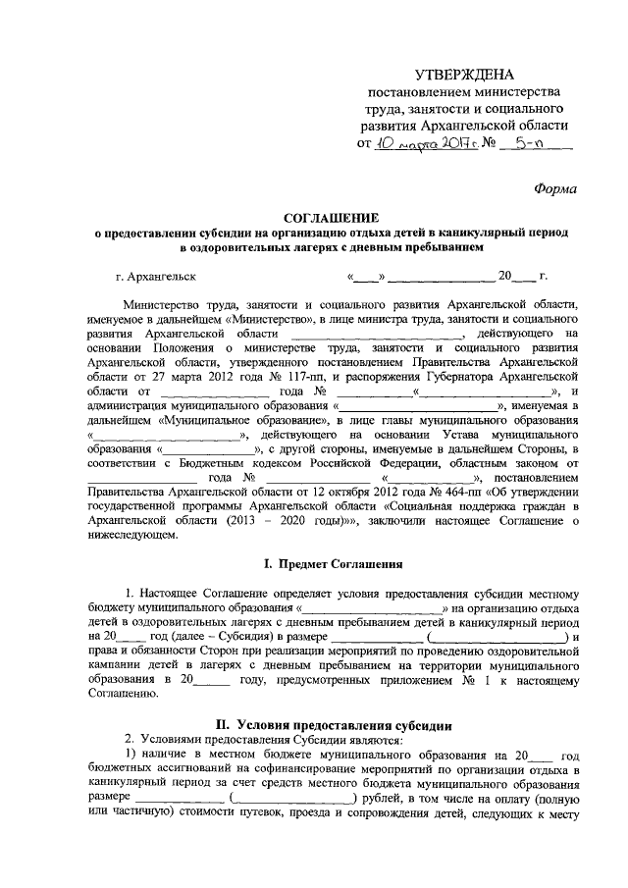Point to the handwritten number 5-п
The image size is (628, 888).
coord(521,145)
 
